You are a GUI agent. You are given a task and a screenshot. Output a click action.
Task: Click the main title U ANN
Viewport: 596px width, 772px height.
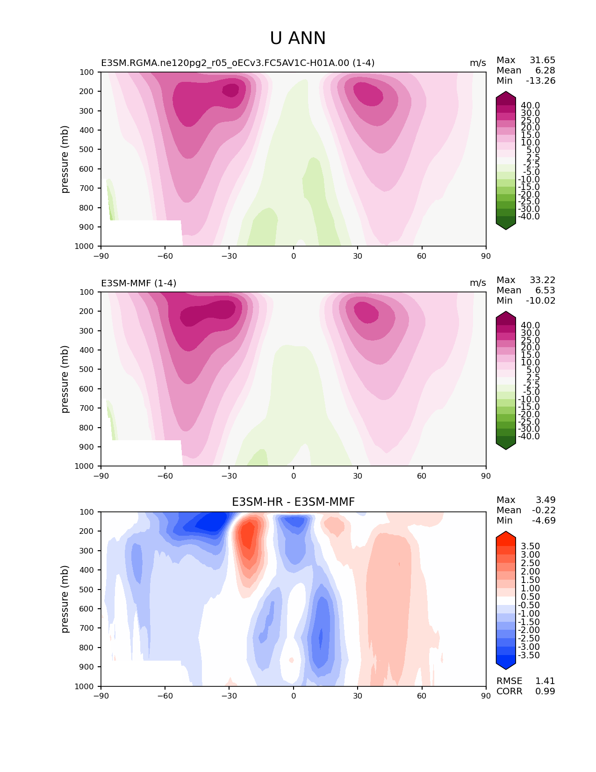[298, 38]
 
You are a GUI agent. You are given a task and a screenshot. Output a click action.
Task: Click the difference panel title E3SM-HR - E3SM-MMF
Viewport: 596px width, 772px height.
[293, 502]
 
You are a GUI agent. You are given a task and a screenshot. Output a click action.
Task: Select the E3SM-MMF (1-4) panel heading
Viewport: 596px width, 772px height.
[138, 283]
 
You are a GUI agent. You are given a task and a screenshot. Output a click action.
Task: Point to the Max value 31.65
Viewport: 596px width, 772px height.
[542, 60]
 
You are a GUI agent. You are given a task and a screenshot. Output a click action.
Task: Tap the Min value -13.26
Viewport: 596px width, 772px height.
[540, 81]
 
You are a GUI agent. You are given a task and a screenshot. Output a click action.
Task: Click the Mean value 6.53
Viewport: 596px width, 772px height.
[545, 291]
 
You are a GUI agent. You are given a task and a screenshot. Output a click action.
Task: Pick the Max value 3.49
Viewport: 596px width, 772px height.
[546, 500]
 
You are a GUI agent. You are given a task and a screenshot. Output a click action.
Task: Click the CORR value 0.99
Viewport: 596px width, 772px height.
[545, 692]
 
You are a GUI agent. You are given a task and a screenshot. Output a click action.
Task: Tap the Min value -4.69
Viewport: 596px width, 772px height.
[544, 521]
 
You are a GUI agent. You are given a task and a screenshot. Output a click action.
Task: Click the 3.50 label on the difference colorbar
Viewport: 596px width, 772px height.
[530, 546]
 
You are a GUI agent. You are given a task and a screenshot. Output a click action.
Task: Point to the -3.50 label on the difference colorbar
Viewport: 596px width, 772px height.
[529, 655]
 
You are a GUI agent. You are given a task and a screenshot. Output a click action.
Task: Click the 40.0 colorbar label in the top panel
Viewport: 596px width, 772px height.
[530, 106]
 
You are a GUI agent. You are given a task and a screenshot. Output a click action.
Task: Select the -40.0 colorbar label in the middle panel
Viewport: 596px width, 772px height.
[529, 437]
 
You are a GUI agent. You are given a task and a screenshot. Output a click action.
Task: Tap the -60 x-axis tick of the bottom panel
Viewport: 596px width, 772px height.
[165, 696]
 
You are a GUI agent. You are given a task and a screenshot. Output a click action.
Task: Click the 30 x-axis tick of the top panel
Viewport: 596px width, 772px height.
[358, 256]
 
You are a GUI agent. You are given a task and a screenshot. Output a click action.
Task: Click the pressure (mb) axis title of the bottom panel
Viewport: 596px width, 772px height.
[65, 599]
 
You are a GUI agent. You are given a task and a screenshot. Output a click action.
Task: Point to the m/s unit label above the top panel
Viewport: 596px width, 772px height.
[478, 63]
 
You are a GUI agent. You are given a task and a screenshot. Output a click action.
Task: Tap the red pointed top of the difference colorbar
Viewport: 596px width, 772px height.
[506, 535]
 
